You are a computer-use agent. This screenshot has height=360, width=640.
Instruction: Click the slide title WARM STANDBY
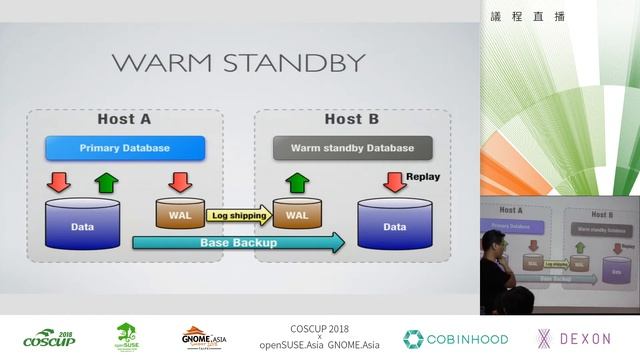tap(237, 63)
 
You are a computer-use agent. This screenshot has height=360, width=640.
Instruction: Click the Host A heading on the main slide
tap(124, 119)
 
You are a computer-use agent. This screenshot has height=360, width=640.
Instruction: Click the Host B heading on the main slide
tap(351, 119)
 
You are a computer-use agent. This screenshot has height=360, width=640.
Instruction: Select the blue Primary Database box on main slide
tap(125, 148)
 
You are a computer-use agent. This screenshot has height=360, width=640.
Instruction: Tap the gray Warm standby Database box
tap(352, 148)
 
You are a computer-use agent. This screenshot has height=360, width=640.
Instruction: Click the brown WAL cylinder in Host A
tap(180, 213)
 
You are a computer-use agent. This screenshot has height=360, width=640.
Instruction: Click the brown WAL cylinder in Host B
tap(297, 213)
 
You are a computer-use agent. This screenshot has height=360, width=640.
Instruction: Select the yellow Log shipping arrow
tap(238, 214)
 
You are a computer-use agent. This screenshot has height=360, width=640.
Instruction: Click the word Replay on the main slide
tap(422, 177)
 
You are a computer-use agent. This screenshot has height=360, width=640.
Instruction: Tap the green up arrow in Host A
tap(106, 182)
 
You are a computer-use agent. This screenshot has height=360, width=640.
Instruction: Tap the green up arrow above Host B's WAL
tap(297, 182)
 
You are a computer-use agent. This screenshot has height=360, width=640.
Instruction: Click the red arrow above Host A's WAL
tap(180, 182)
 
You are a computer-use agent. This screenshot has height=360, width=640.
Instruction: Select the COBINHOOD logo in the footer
tap(455, 338)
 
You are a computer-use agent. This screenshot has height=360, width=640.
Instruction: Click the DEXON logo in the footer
tap(574, 338)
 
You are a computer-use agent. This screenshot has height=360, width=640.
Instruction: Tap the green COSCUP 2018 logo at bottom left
tap(48, 338)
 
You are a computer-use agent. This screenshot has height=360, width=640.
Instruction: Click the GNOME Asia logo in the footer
tap(207, 338)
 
